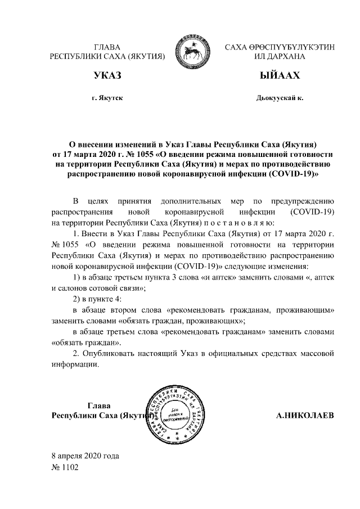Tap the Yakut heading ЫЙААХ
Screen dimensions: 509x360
tap(280, 75)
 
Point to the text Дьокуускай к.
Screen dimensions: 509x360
tap(280, 97)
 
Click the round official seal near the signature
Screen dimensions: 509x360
tap(173, 416)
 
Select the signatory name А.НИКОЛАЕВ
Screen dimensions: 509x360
tap(305, 416)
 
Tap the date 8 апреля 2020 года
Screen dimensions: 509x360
tap(85, 456)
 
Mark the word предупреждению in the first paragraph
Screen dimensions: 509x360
tap(303, 201)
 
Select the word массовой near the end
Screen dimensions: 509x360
tap(319, 353)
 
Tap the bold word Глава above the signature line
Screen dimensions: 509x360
tap(100, 405)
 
